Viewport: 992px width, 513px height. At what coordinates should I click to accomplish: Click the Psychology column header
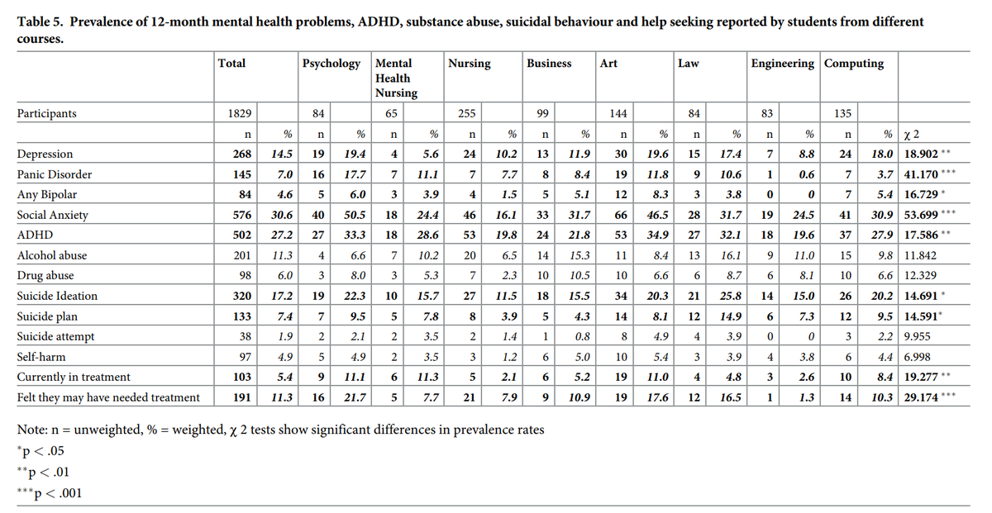(331, 64)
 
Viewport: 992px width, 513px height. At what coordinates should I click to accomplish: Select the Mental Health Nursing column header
(396, 78)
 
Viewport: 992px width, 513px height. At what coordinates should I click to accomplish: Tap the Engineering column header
(783, 64)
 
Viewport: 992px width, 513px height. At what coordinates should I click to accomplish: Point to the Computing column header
(854, 64)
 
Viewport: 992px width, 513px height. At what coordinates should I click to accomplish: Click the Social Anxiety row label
(53, 215)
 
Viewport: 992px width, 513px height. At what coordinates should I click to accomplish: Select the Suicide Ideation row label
(57, 296)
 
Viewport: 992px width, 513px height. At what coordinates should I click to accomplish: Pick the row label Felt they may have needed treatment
(108, 397)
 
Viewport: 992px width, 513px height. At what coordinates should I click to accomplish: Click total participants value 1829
(240, 113)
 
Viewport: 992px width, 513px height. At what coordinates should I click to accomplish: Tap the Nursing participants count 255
(467, 113)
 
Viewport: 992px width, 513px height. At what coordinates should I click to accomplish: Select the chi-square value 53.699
(921, 215)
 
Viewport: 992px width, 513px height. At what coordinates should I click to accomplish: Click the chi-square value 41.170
(921, 174)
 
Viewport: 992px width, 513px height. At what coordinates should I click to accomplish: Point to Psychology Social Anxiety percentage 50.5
(355, 215)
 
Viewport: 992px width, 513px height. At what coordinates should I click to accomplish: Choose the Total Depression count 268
(242, 154)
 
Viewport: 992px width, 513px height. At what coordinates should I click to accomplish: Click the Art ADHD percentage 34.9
(658, 235)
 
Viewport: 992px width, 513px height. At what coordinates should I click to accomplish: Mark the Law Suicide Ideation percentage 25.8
(731, 296)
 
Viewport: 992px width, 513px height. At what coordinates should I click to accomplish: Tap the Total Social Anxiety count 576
(242, 215)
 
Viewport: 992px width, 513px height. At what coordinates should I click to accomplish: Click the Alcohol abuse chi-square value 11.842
(921, 255)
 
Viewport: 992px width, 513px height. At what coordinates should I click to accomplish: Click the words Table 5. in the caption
(41, 21)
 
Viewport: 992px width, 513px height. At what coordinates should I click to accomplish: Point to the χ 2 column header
(911, 134)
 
